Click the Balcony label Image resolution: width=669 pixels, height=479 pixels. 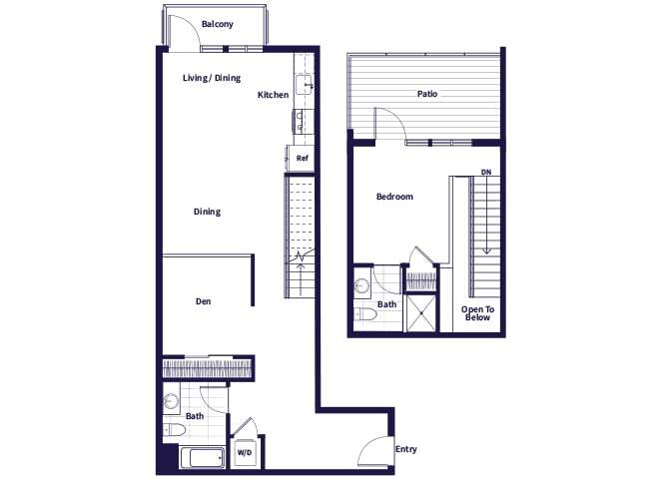click(x=217, y=24)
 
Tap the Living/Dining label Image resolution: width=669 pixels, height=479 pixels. click(x=212, y=78)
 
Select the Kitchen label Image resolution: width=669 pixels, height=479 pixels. click(x=273, y=95)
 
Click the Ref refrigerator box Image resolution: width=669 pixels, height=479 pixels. click(x=301, y=158)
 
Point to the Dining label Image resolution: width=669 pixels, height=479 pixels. click(x=207, y=212)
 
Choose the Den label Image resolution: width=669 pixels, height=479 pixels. click(x=203, y=300)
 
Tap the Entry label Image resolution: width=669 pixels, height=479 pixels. click(x=405, y=449)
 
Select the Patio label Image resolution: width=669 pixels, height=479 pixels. click(x=427, y=94)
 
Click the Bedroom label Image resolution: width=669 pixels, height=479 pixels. click(x=394, y=197)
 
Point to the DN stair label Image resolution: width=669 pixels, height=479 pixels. click(x=486, y=173)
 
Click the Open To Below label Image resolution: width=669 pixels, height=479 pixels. click(x=477, y=313)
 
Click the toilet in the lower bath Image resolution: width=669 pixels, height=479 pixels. click(x=175, y=431)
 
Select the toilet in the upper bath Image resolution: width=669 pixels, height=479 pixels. click(x=365, y=315)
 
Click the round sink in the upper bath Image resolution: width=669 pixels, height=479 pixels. click(x=361, y=287)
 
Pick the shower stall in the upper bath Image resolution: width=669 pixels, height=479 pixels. click(x=421, y=312)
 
